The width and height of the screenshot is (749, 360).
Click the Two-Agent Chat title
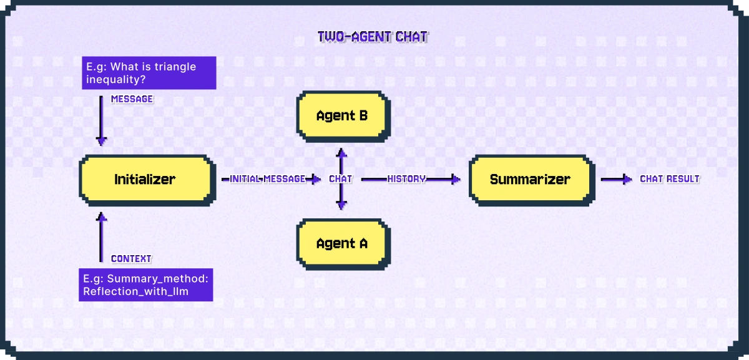(x=373, y=37)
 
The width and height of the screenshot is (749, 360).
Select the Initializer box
(x=145, y=180)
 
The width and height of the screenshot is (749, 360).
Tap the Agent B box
(x=341, y=115)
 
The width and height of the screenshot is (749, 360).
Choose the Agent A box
(x=341, y=243)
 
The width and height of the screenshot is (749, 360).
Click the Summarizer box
(x=530, y=180)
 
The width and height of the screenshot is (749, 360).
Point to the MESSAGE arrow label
(x=132, y=99)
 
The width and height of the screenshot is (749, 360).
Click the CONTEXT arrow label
(x=131, y=259)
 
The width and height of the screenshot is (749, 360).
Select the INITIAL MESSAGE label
(x=267, y=179)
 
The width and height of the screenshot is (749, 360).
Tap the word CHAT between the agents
(x=341, y=179)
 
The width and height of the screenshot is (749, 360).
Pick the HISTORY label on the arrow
(x=406, y=179)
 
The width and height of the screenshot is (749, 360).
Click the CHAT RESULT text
(x=670, y=179)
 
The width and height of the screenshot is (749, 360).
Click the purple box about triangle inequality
(x=149, y=73)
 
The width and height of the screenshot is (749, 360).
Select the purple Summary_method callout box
(x=145, y=285)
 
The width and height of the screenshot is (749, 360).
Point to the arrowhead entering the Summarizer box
(x=456, y=180)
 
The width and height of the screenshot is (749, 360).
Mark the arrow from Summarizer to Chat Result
(x=617, y=180)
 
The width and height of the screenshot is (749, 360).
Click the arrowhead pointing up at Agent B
(x=341, y=152)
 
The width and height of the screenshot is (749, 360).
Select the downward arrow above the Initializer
(x=100, y=121)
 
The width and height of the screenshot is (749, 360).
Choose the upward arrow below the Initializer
(x=100, y=237)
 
